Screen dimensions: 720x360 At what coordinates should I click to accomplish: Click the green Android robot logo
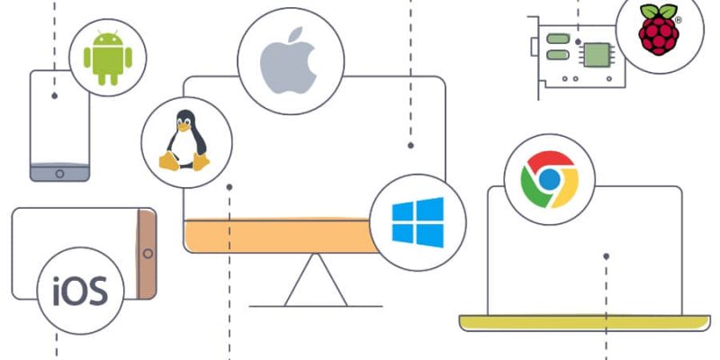click(107, 58)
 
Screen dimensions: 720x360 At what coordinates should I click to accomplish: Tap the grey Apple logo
click(288, 60)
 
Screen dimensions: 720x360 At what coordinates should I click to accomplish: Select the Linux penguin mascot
click(184, 140)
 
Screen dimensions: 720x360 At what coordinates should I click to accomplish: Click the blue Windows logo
click(418, 222)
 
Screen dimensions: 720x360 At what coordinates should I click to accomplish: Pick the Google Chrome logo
click(549, 179)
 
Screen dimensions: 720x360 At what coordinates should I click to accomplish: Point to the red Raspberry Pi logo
click(659, 31)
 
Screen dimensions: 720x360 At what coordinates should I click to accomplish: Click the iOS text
click(80, 291)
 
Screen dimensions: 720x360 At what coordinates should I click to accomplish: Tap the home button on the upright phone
click(59, 174)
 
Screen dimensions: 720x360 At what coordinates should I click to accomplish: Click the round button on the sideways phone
click(148, 254)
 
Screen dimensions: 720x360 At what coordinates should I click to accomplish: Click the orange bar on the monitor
click(281, 235)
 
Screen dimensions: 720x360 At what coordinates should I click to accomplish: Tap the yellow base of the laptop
click(584, 322)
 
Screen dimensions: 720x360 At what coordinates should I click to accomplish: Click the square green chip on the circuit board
click(597, 55)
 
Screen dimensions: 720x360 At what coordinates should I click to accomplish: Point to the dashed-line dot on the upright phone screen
click(55, 96)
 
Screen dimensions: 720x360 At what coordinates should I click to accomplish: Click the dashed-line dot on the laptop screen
click(606, 256)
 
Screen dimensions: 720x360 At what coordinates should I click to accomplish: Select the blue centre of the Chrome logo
click(549, 179)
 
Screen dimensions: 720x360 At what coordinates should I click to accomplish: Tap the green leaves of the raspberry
click(659, 11)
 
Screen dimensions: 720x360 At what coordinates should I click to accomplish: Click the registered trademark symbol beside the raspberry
click(679, 20)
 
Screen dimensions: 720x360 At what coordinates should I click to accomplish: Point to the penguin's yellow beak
click(184, 127)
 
